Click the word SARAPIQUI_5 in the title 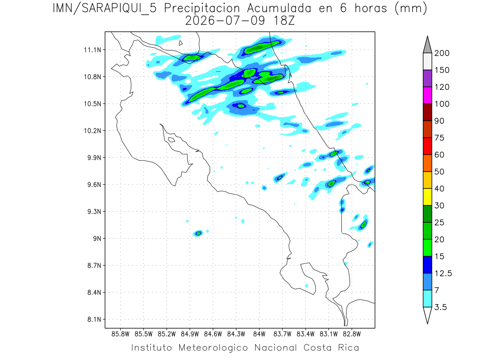point(119,8)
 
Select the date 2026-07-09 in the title point(225,21)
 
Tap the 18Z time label point(284,21)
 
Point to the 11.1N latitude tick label point(93,50)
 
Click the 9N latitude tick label point(97,238)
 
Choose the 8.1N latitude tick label point(94,319)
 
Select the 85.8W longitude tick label point(120,334)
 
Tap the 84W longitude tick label point(259,334)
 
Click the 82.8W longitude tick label point(352,334)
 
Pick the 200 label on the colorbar point(442,53)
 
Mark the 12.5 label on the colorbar point(443,273)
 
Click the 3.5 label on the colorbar point(440,307)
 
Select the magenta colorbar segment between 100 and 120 point(427,95)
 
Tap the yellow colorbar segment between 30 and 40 point(427,197)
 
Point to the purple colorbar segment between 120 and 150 point(427,78)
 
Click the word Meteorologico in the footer point(213,348)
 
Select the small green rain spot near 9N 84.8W point(198,234)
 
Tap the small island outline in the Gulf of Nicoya point(172,140)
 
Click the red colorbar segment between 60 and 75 point(427,146)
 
